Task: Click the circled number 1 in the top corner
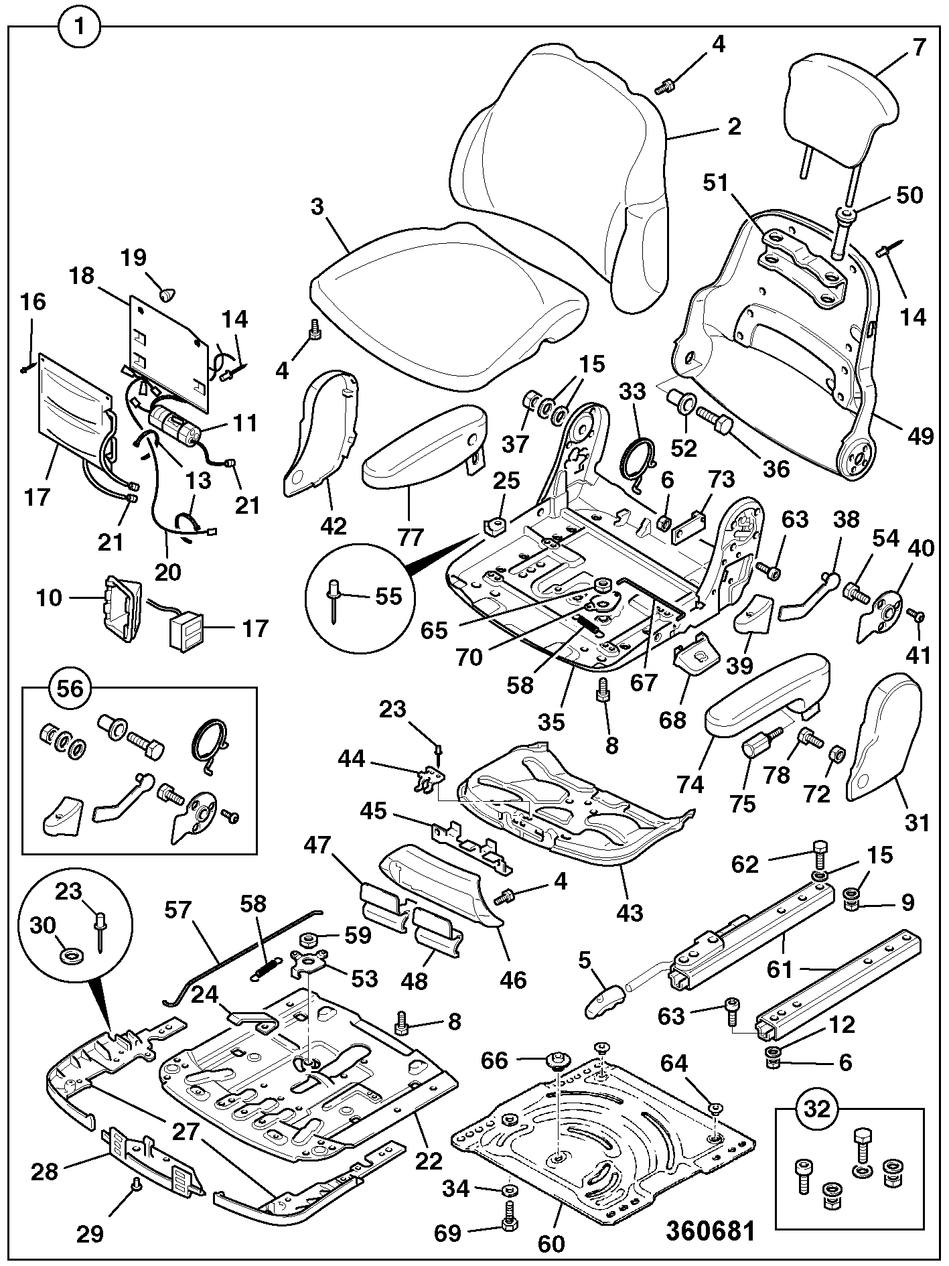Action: coord(79,27)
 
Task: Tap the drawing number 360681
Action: coord(711,1230)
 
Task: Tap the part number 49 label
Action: coord(921,436)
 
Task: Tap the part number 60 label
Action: coord(552,1243)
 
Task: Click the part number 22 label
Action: coord(429,1160)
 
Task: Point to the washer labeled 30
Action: coord(69,954)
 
